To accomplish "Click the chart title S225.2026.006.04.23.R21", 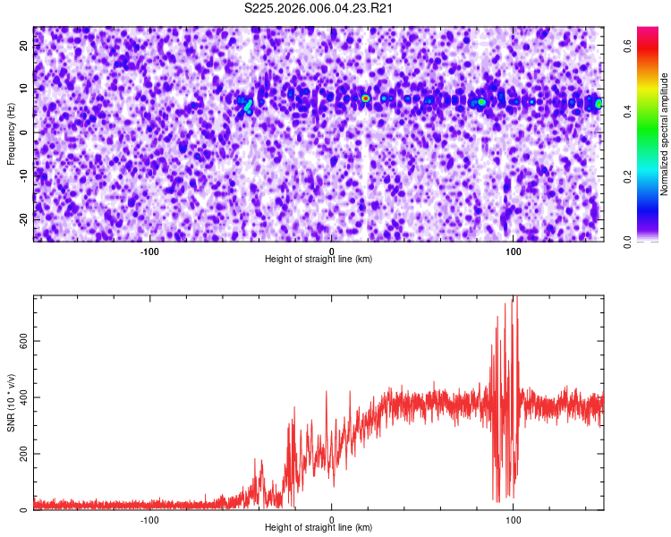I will (x=319, y=9).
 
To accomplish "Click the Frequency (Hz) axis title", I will (x=11, y=133).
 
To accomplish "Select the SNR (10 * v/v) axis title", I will (x=11, y=403).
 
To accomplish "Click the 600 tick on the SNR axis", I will (x=24, y=341).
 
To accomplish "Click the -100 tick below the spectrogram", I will (x=149, y=251).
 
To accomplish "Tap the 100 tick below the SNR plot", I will (x=514, y=519).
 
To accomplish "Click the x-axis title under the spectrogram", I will (x=319, y=260).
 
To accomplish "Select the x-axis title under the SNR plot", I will (x=319, y=528).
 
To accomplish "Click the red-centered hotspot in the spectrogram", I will (x=365, y=98).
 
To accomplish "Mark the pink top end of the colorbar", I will (x=648, y=32).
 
